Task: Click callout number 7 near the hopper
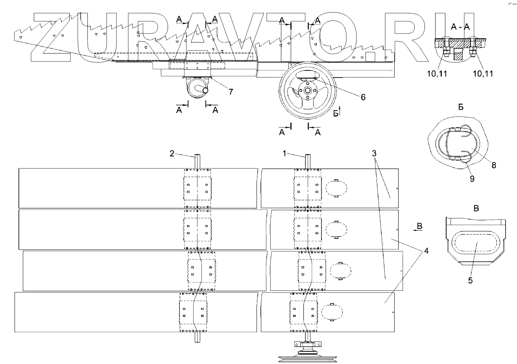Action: tap(231, 92)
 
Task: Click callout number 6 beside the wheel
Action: tap(362, 97)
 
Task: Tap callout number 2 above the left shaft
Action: tap(172, 153)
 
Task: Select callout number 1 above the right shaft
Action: tap(284, 153)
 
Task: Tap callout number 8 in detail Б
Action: tap(493, 165)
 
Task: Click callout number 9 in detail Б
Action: tap(472, 178)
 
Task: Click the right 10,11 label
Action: tap(482, 73)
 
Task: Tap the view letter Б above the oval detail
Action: tap(461, 107)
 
